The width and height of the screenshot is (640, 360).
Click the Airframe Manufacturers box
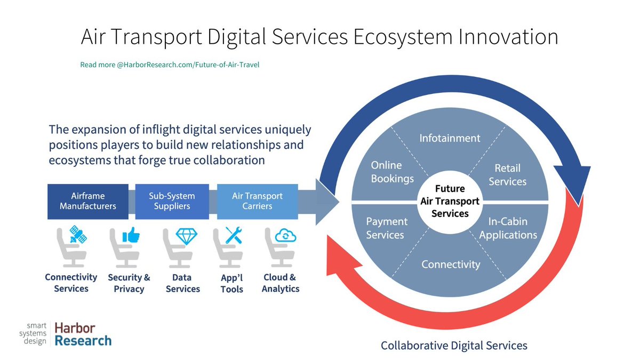point(87,202)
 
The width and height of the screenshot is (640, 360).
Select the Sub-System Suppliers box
point(172,202)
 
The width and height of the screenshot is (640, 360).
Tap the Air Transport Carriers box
point(257,202)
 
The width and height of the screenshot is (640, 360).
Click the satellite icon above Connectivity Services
point(78,235)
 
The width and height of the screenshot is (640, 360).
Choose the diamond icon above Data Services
point(186,235)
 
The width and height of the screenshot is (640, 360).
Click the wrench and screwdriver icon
point(234,235)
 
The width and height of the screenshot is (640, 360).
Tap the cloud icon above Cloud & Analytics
point(285,235)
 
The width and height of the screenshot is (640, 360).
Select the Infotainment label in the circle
point(449,138)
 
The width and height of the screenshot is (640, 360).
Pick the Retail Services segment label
point(507,175)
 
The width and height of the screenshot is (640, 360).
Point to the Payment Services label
point(386,228)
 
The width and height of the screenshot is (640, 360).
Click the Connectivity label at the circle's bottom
point(451,264)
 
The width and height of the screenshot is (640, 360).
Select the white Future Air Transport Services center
point(450,201)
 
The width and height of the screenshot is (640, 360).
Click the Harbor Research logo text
point(83,334)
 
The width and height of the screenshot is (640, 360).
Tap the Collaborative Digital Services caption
point(454,346)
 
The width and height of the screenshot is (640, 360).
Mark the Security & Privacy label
point(129,283)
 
